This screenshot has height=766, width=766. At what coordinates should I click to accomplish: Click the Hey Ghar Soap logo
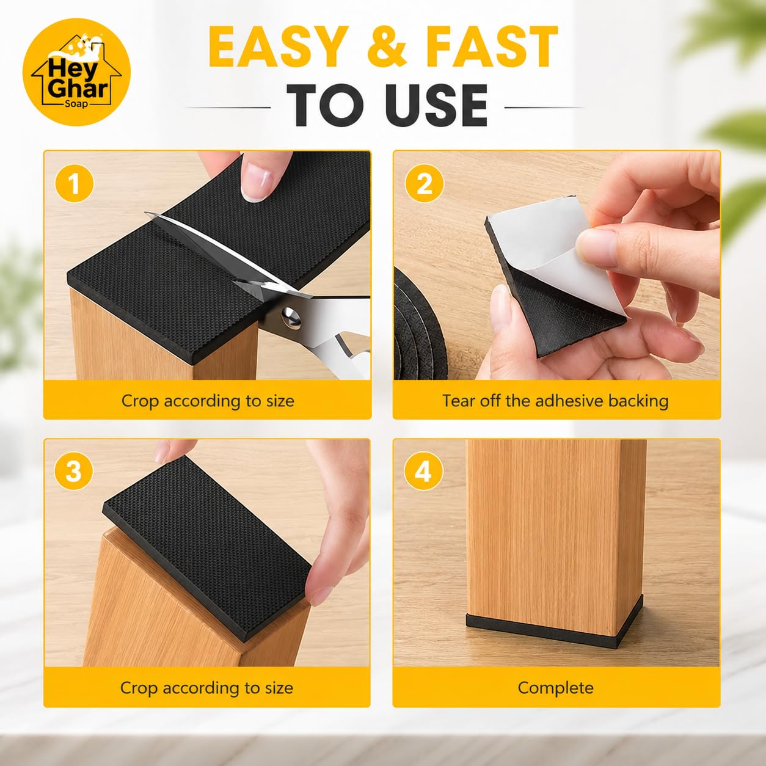pos(76,72)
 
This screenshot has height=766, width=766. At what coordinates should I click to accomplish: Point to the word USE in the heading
pos(437,105)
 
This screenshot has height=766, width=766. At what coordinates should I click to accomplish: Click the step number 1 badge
pos(75,184)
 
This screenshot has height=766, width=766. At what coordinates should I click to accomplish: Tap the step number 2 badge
pos(424,184)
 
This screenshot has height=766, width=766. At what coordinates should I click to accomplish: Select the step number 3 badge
pos(74,472)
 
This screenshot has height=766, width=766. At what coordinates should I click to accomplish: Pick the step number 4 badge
pos(423,472)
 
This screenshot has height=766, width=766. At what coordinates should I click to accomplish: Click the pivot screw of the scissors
pos(291,317)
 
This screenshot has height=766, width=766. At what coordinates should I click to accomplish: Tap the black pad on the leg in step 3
pos(206,545)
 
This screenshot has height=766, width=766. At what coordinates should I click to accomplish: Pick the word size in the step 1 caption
pos(280,401)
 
